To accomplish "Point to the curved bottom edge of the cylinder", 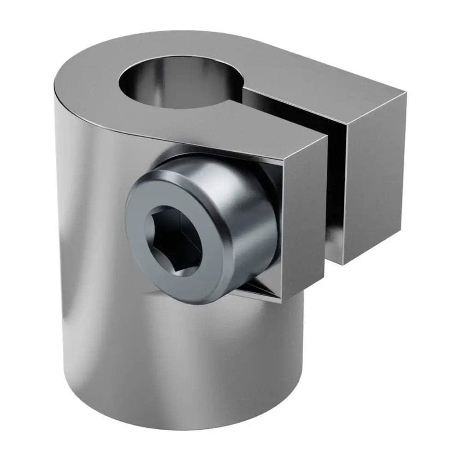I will click(184, 426).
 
